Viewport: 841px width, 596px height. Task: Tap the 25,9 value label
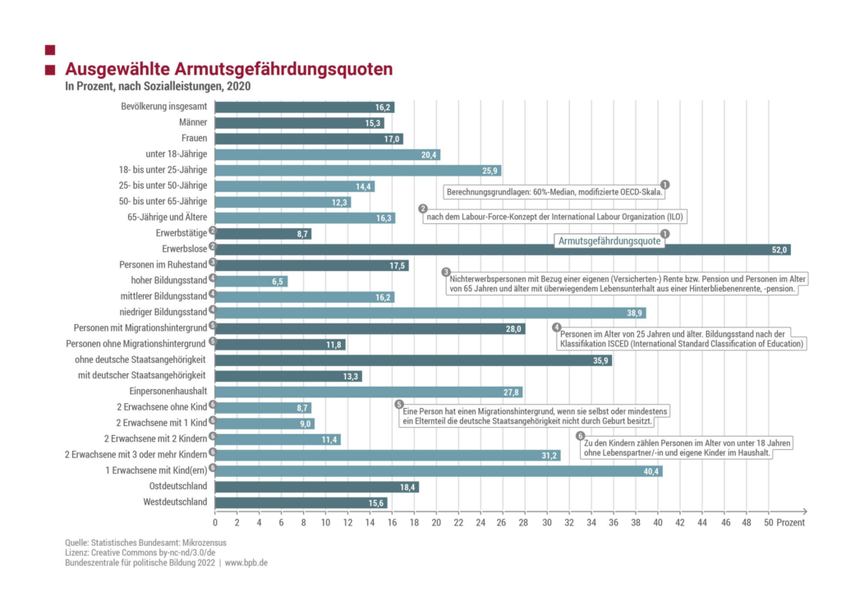tap(489, 171)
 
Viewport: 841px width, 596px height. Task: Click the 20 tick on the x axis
tap(436, 522)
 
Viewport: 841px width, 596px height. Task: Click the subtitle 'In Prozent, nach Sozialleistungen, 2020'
tap(158, 86)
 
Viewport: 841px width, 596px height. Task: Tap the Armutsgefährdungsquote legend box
tap(610, 241)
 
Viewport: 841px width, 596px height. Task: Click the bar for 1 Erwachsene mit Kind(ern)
tap(439, 471)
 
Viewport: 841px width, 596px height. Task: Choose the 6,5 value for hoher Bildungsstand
tap(278, 282)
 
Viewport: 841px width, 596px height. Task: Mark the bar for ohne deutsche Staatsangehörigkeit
tap(414, 360)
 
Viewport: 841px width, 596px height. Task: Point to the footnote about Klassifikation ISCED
tap(682, 339)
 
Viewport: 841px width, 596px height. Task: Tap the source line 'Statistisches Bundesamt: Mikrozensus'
tap(146, 543)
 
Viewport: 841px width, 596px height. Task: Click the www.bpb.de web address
tap(246, 563)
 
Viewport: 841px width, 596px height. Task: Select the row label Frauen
tap(194, 139)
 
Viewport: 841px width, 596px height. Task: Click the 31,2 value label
tap(549, 455)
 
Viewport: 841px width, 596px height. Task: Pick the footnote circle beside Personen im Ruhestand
tap(213, 264)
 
